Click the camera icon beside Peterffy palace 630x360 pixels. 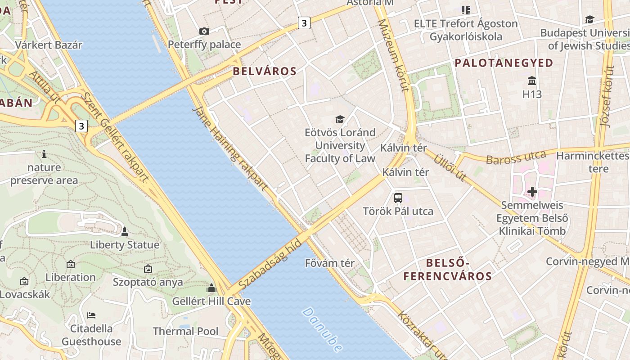pos(204,31)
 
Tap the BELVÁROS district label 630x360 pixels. pos(265,71)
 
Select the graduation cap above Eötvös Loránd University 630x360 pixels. pos(340,119)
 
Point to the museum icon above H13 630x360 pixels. pos(532,81)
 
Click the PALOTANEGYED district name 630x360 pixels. pos(504,63)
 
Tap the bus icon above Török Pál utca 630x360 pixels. pos(398,198)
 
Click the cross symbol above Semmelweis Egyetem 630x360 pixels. pos(532,192)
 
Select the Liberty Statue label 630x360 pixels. pos(125,245)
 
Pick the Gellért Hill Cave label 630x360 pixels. pos(211,301)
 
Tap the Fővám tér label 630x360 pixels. pos(330,263)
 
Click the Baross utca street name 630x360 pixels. pos(516,157)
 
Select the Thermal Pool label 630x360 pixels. pos(185,331)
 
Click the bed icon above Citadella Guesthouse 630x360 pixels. pos(91,315)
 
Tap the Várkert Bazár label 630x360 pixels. pos(49,45)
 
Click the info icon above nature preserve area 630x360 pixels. pos(44,154)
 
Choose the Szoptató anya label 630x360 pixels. pos(148,282)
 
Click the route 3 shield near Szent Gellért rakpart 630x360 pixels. pos(81,126)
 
